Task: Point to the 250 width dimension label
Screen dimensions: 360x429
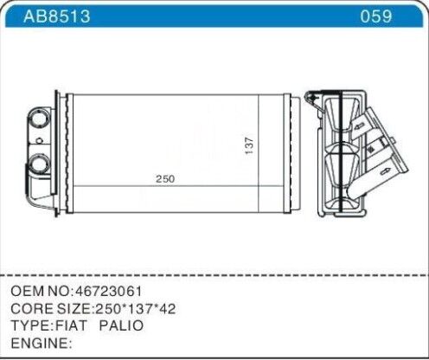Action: [165, 179]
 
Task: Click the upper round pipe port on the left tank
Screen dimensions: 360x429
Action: [40, 118]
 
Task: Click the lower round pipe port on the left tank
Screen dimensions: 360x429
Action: [40, 162]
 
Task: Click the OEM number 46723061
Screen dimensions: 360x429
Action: [106, 291]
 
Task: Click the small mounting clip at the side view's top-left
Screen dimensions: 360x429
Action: [316, 97]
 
